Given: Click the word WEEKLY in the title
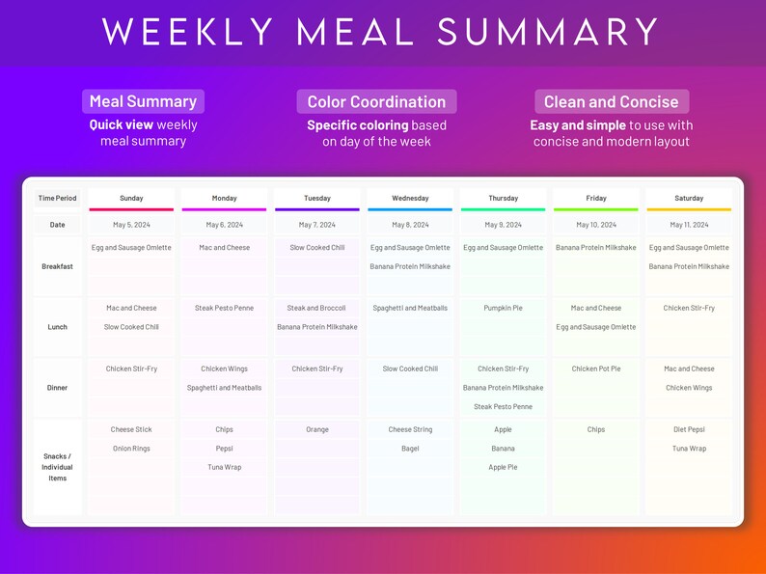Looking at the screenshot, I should (x=187, y=32).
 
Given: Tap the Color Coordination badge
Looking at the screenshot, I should (x=376, y=101).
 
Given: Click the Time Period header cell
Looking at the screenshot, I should (x=57, y=198).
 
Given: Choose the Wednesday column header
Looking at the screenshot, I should (x=410, y=198).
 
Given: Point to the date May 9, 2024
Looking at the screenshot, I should (x=503, y=225).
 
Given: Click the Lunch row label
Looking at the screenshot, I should (x=57, y=327).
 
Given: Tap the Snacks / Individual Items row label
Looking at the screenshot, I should (x=57, y=467).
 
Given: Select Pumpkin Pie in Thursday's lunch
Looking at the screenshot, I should (x=503, y=309).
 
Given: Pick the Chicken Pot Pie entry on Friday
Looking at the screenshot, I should (x=596, y=369).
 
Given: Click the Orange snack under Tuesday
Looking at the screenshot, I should (x=317, y=429).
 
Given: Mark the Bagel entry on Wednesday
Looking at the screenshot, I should (x=410, y=449).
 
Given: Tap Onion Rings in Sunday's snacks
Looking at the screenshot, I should (x=131, y=449).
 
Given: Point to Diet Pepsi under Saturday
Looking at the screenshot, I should (x=689, y=429).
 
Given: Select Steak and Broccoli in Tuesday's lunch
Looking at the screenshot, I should (x=317, y=309).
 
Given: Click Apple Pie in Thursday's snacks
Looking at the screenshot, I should (x=503, y=467).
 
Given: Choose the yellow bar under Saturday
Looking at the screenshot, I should (x=689, y=209).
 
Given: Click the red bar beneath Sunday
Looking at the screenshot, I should (x=131, y=209).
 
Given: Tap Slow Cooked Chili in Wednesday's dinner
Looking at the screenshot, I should (x=410, y=369).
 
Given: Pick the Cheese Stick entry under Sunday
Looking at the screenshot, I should (x=131, y=429).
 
